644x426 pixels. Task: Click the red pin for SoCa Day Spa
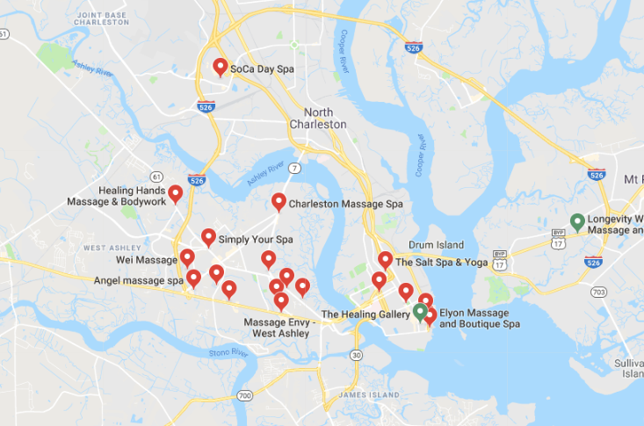(x=221, y=67)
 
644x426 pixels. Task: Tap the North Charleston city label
(x=318, y=119)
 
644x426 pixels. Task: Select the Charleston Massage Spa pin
(x=279, y=202)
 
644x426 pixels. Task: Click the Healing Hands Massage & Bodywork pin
(x=176, y=194)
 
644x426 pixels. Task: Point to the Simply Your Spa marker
(x=208, y=237)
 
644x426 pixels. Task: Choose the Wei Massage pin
(x=187, y=257)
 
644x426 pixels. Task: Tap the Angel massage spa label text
(x=139, y=281)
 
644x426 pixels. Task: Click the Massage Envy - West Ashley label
(x=281, y=328)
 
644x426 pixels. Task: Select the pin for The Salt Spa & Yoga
(x=385, y=260)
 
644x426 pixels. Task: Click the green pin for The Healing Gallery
(x=420, y=310)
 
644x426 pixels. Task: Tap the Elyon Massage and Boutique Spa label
(x=479, y=319)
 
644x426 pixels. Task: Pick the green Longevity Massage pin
(x=577, y=221)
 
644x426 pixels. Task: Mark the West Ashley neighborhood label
(x=112, y=249)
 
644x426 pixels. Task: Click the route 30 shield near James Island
(x=356, y=355)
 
